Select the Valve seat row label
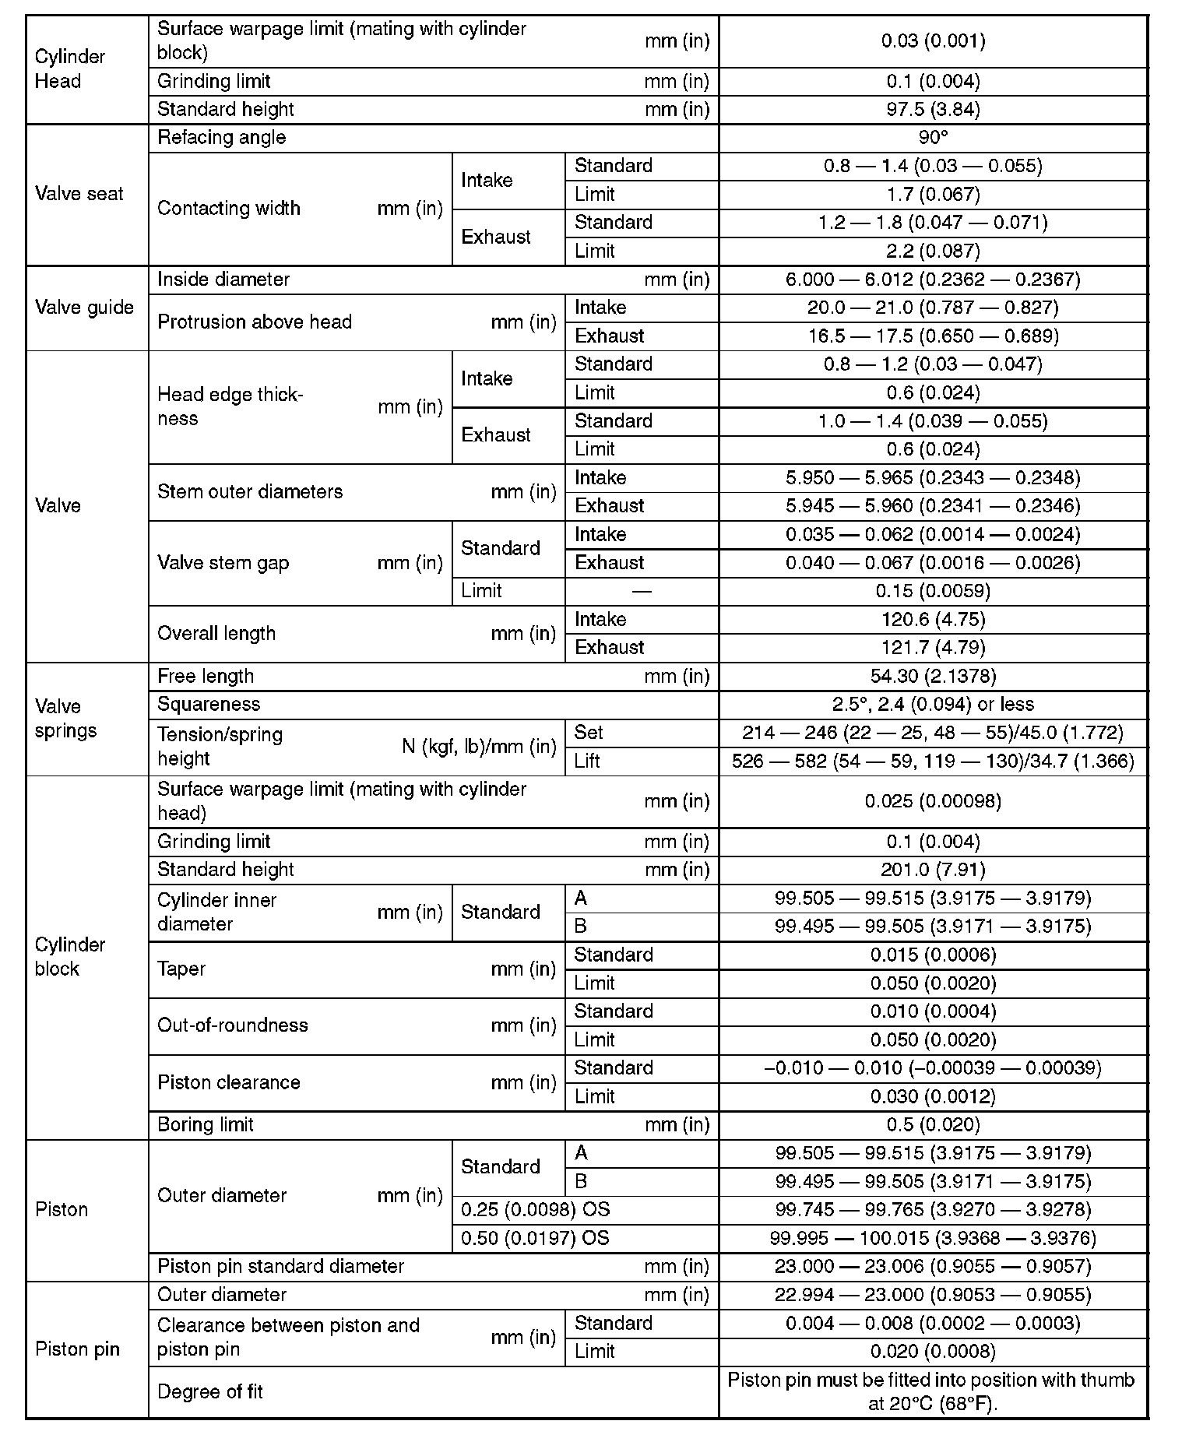pyautogui.click(x=79, y=194)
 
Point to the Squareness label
pyautogui.click(x=209, y=705)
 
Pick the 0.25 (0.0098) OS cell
pyautogui.click(x=536, y=1210)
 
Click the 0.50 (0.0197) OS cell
pyautogui.click(x=536, y=1238)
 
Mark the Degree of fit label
pyautogui.click(x=210, y=1391)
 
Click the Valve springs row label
pyautogui.click(x=66, y=719)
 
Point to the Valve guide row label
pyautogui.click(x=84, y=308)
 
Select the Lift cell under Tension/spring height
pyautogui.click(x=587, y=761)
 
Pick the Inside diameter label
pyautogui.click(x=223, y=280)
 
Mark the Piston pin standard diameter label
pyautogui.click(x=280, y=1267)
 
